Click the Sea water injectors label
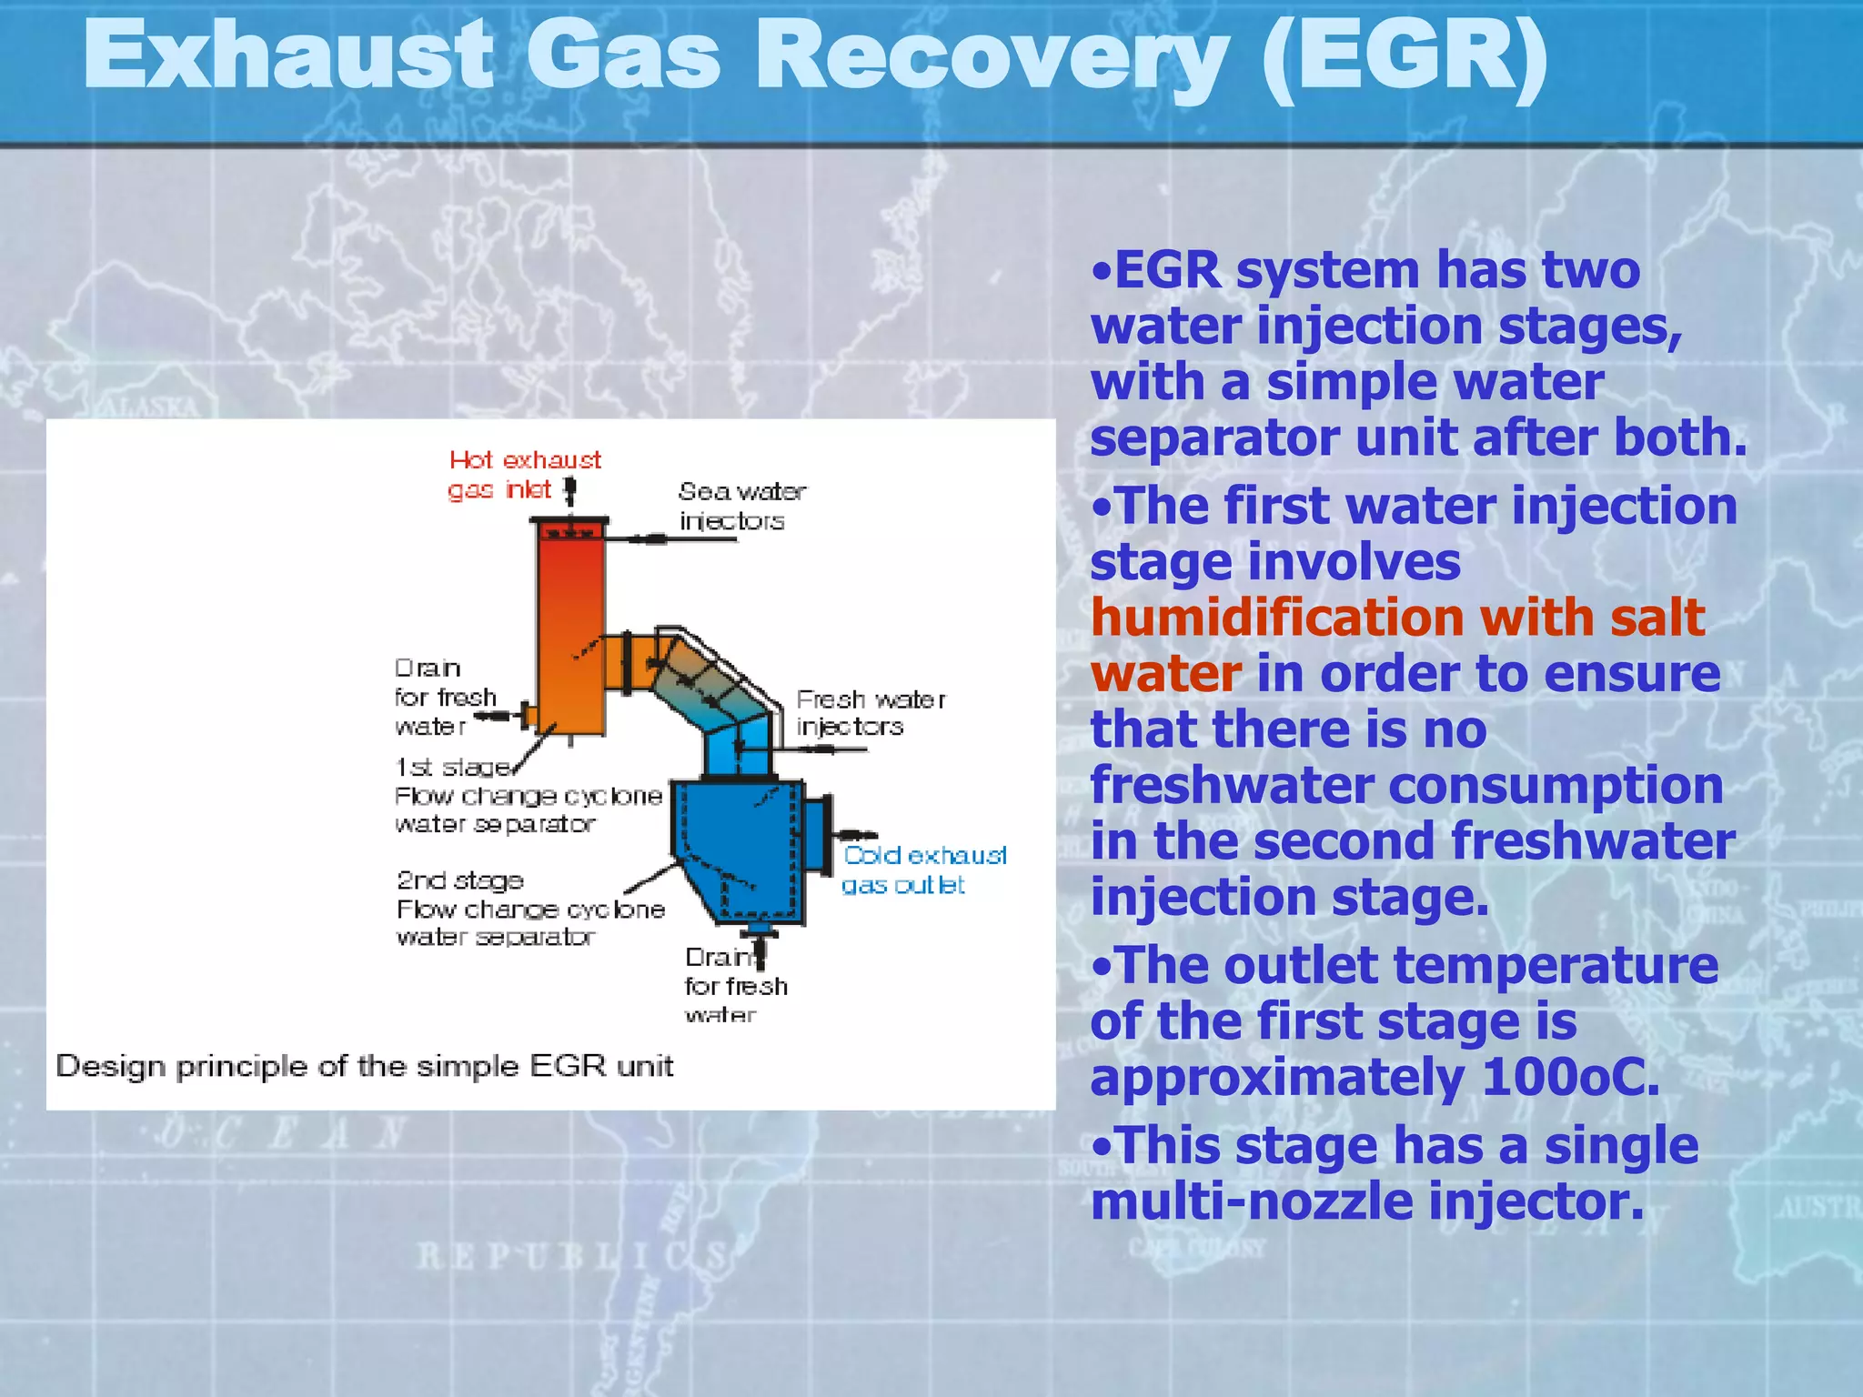tap(740, 506)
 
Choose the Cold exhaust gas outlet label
tap(922, 869)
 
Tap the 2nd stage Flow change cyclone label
tap(529, 908)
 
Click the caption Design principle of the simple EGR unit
tap(364, 1065)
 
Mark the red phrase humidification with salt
tap(1396, 618)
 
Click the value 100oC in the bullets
tap(1569, 1078)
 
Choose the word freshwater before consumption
tap(1233, 785)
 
